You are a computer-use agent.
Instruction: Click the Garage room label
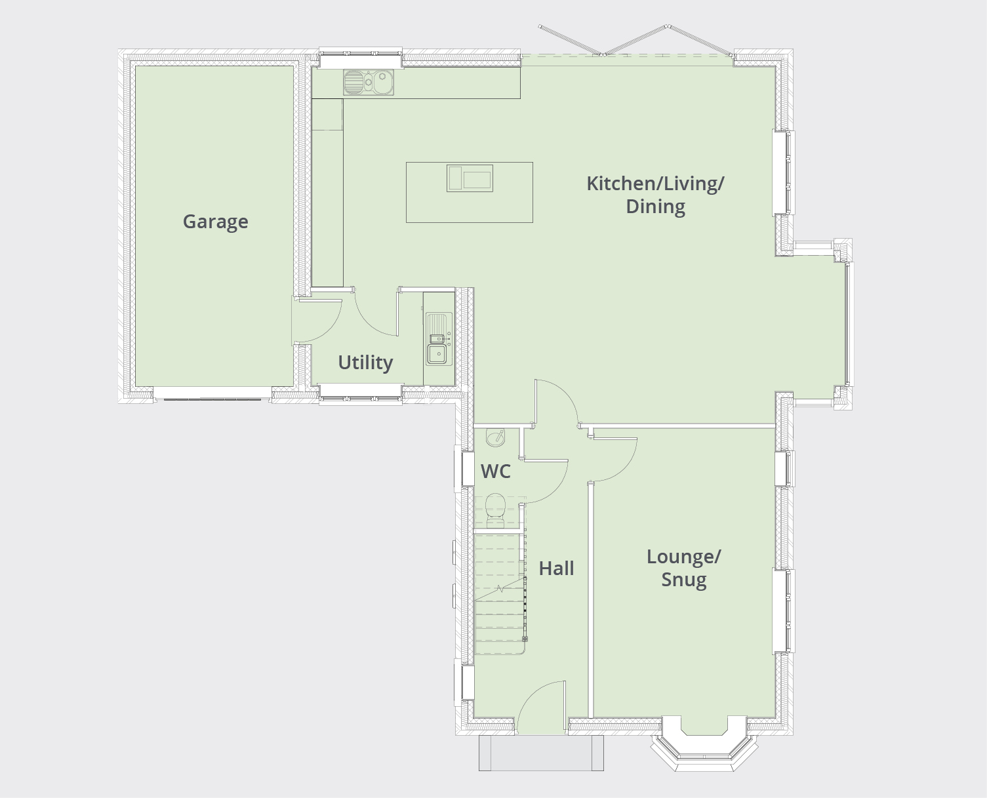(x=215, y=222)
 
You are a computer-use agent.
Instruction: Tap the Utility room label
(x=365, y=363)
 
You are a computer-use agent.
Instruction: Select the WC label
(x=495, y=471)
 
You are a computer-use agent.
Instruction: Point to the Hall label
(x=556, y=569)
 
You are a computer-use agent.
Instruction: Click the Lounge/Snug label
(x=683, y=568)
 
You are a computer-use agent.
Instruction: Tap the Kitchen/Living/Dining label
(x=655, y=195)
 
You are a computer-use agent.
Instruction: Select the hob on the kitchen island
(x=470, y=178)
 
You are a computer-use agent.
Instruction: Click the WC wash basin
(x=495, y=437)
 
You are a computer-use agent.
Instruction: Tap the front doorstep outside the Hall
(x=541, y=753)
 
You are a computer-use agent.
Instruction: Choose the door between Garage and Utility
(x=317, y=321)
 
